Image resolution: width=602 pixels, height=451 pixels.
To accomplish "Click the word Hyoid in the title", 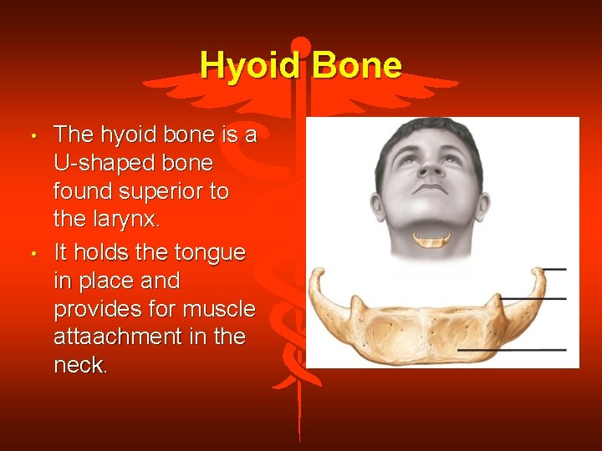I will point(251,65).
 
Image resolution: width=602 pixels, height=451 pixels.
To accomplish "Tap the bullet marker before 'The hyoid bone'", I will point(31,136).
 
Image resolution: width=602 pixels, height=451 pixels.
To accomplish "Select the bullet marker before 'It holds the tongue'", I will point(31,252).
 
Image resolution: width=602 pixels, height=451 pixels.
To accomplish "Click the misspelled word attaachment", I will point(126,337).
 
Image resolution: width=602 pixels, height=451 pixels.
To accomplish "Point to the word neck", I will point(80,366).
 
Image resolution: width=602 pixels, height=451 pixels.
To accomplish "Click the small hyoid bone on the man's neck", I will point(431,241).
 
